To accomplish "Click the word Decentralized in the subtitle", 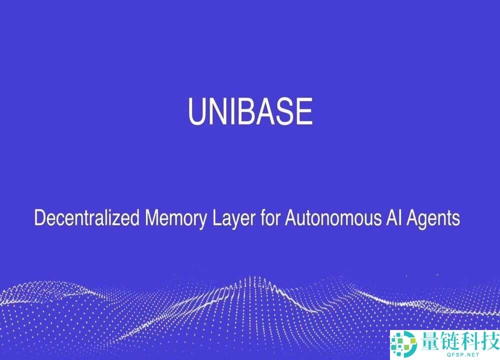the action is pos(86,218).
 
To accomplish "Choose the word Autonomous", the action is pos(333,218).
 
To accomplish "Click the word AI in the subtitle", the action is pos(394,218).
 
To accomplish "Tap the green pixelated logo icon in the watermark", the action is pos(404,344).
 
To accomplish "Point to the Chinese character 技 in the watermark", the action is pos(489,341).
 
